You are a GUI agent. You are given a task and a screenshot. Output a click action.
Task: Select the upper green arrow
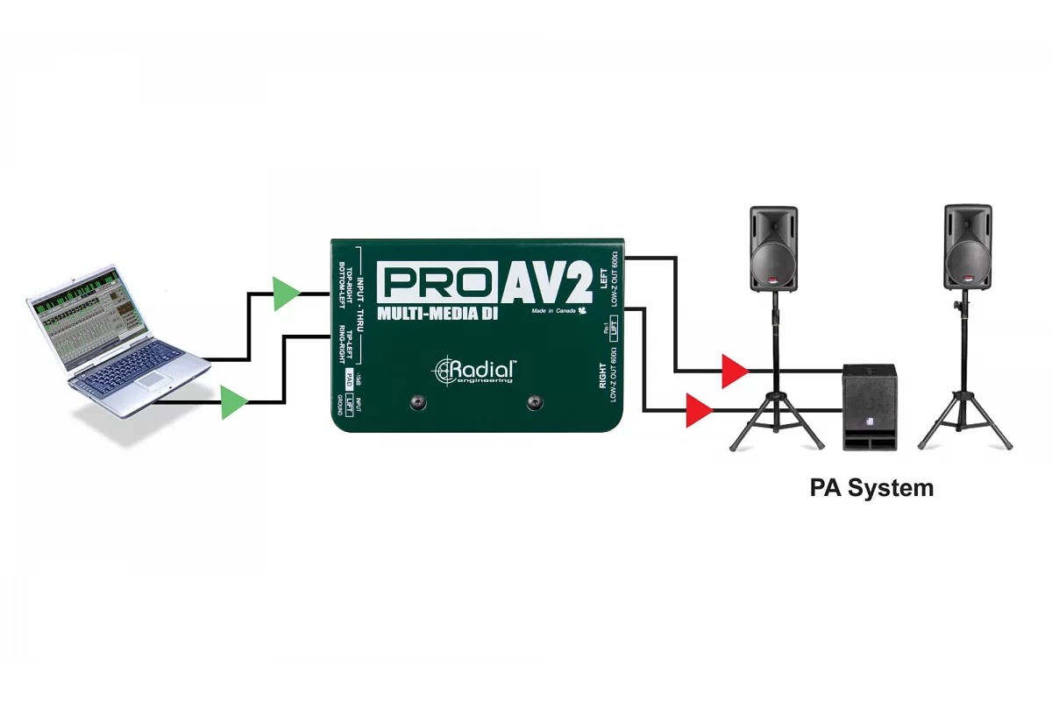(285, 294)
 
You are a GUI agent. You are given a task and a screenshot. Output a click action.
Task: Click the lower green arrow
(233, 403)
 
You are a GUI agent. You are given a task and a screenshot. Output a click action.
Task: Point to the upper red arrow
(734, 371)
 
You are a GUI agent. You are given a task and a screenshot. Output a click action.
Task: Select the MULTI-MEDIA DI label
(438, 314)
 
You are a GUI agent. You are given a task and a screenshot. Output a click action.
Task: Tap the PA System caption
(871, 488)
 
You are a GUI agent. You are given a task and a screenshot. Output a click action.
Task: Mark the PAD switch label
(350, 379)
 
